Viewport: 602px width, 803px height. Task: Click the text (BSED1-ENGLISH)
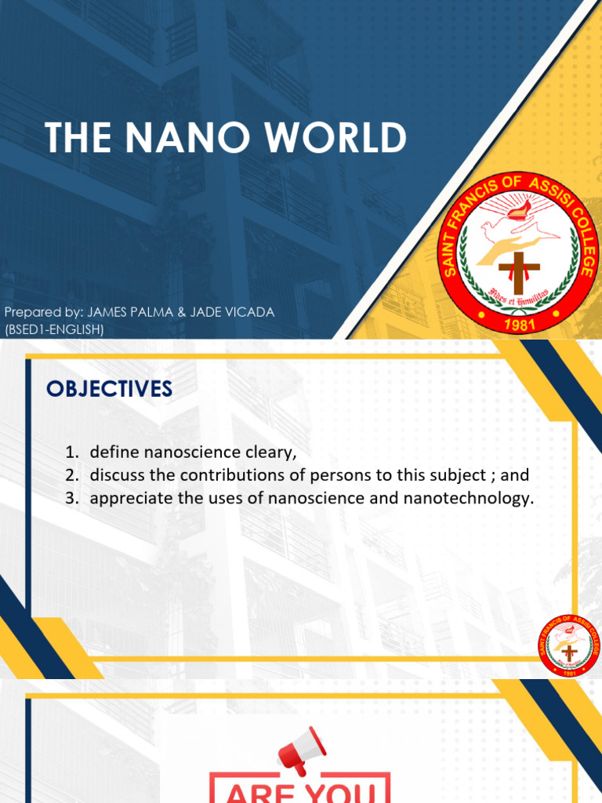[54, 329]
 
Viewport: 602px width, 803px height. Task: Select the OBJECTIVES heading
[108, 389]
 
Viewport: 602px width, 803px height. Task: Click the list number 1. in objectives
[72, 452]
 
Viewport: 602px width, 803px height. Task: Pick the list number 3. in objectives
[72, 498]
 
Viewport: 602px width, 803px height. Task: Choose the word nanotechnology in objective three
[473, 498]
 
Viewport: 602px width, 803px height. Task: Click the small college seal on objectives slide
[568, 648]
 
